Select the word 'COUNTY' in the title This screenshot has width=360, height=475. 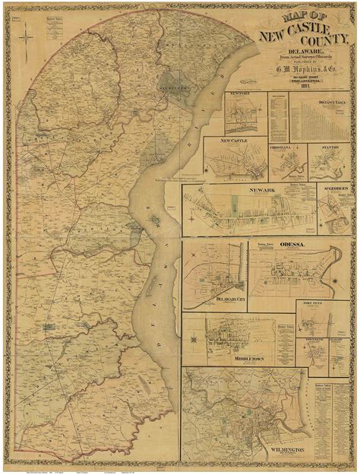pos(315,46)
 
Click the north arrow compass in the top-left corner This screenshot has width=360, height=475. pos(26,36)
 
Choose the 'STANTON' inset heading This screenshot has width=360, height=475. pos(330,140)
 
